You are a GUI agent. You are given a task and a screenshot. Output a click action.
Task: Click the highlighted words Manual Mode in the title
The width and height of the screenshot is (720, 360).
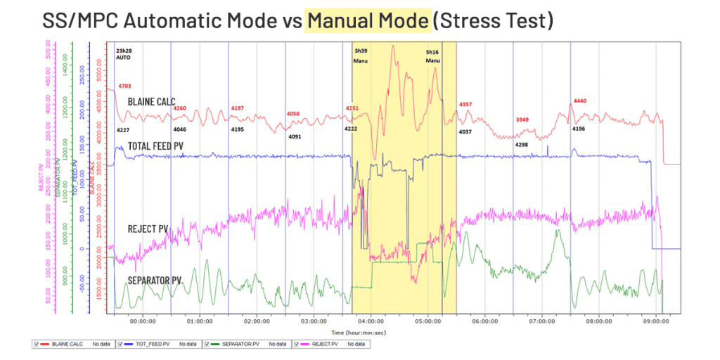366,21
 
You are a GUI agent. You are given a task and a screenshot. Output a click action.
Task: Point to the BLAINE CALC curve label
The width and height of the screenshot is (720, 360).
151,102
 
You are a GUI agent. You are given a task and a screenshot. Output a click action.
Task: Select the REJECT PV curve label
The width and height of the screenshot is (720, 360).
148,229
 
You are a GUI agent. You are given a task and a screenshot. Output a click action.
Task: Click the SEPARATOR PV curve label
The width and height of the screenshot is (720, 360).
154,280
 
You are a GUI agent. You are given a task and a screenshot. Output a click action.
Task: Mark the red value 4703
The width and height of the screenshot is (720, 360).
124,86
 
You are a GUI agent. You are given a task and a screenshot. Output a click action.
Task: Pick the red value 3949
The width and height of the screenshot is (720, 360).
523,120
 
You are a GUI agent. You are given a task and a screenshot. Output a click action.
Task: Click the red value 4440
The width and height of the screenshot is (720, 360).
580,101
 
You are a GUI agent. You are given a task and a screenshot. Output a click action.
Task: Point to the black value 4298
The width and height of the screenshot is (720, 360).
522,145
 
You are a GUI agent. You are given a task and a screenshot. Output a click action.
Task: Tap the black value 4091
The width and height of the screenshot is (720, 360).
295,136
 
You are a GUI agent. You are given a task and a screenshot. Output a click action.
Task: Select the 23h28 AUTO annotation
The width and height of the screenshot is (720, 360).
124,54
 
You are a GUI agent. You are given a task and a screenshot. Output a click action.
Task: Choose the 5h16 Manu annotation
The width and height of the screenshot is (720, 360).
432,56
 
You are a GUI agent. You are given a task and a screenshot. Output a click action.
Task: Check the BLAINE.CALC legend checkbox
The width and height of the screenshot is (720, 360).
36,344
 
